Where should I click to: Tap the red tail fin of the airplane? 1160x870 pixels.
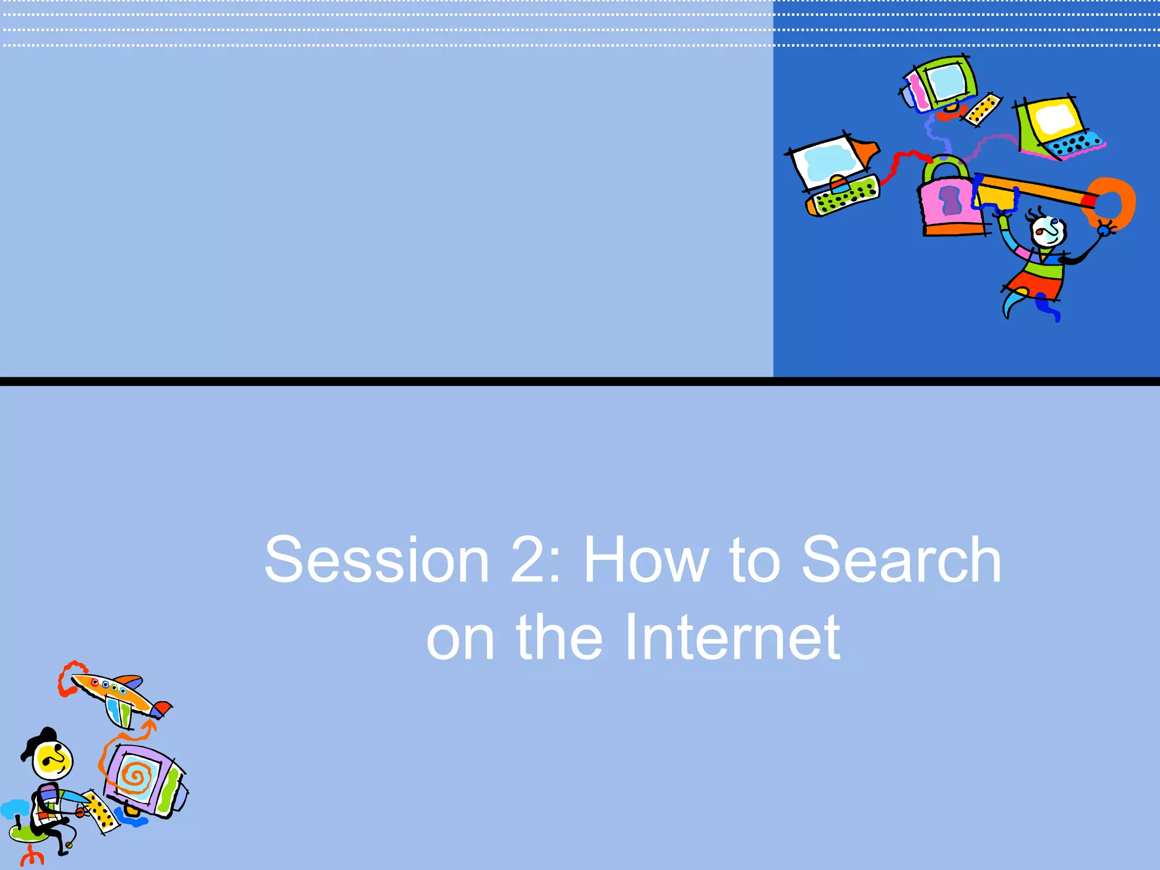coord(163,707)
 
